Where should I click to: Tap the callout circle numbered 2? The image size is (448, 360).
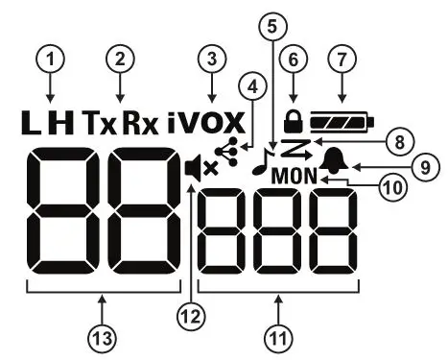[x=120, y=60]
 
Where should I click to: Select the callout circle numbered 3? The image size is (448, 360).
[x=210, y=60]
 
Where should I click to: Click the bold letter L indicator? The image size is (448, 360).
[x=32, y=122]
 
